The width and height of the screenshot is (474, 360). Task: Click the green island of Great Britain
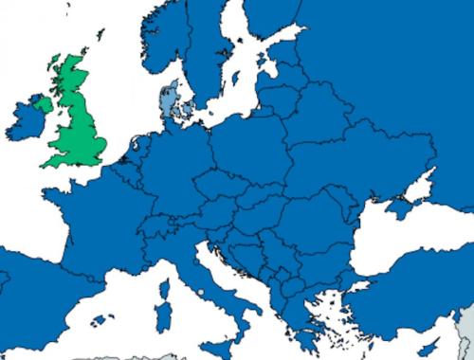click(x=81, y=123)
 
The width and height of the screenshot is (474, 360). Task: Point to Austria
click(x=204, y=206)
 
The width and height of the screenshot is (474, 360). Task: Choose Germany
click(x=171, y=161)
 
